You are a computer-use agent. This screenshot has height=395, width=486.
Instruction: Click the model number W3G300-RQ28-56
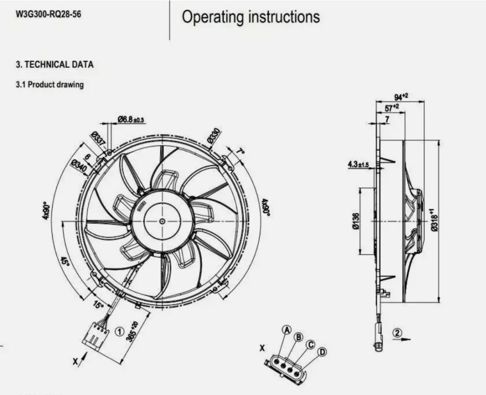48,14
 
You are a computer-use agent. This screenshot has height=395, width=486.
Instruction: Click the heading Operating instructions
251,17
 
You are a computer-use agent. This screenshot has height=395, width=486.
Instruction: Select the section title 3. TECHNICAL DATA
55,65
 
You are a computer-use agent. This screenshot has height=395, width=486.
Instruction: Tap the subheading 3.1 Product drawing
50,85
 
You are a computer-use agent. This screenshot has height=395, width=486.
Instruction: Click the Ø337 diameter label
98,137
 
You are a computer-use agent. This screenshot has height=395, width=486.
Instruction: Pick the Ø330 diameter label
214,135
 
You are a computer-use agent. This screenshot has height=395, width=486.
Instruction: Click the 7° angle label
240,152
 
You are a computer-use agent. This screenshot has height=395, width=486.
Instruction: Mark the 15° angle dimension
98,306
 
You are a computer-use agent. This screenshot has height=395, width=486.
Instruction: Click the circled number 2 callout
397,333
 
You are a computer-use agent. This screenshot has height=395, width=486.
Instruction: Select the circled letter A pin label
287,330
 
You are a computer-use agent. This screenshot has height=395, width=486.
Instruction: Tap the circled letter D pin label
321,351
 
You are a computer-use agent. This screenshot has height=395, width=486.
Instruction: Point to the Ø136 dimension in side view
355,221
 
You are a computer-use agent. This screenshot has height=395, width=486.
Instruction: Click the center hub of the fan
162,221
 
